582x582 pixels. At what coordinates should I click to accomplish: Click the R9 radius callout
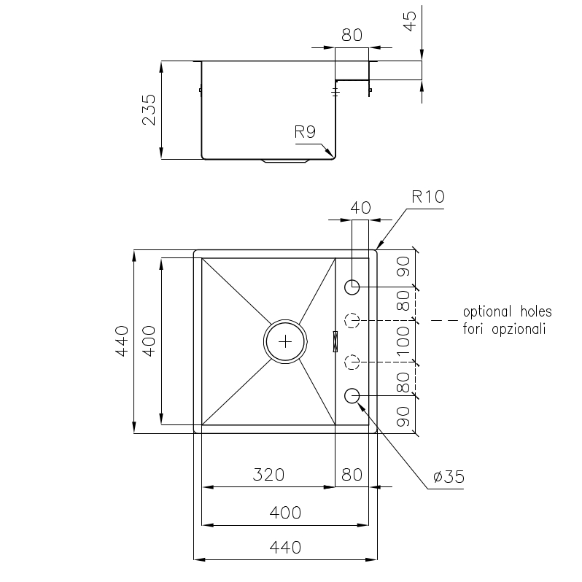pos(305,132)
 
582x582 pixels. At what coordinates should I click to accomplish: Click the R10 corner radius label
pos(427,197)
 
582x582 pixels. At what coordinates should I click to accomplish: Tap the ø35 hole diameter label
pos(449,476)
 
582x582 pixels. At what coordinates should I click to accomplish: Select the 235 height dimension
pos(150,110)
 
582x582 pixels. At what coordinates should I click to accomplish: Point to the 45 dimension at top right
pos(409,22)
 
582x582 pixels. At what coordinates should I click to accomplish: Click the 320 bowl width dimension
pos(268,475)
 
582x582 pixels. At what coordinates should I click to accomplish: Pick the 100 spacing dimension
pos(403,341)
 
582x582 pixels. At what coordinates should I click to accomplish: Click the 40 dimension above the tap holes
pos(360,208)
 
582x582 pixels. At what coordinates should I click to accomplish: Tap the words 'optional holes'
pos(507,312)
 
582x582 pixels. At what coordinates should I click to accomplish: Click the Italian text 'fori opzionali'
pos(504,329)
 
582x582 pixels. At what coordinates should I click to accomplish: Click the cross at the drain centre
pos(285,341)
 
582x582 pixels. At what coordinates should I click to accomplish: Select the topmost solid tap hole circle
pos(352,287)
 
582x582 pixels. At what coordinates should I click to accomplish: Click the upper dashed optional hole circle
pos(352,320)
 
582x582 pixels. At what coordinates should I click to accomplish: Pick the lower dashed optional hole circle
pos(352,362)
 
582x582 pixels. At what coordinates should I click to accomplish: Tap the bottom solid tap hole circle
pos(352,396)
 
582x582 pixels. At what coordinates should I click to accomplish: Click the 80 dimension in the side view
pos(352,35)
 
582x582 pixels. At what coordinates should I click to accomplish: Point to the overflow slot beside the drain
pos(335,341)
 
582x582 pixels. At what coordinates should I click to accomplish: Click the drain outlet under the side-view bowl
pos(285,161)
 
